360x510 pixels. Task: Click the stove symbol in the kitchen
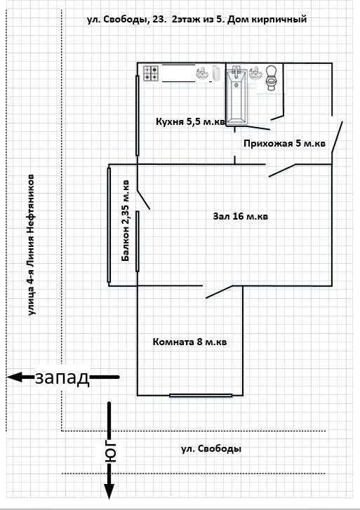[x=151, y=73]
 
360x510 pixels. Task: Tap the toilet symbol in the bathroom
[x=271, y=78]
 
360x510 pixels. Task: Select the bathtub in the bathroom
[x=236, y=95]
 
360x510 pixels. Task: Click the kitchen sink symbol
[x=203, y=74]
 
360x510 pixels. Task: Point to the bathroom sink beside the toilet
[x=256, y=73]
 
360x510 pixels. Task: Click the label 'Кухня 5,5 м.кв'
[x=190, y=121]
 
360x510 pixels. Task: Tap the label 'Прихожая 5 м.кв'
[x=284, y=143]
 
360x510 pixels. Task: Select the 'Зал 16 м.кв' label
[x=241, y=216]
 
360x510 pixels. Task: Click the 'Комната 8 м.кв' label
[x=189, y=342]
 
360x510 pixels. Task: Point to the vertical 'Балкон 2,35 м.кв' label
[x=126, y=221]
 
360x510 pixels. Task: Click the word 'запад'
[x=62, y=377]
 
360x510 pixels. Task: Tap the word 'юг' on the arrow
[x=111, y=452]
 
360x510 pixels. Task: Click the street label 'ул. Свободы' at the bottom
[x=211, y=449]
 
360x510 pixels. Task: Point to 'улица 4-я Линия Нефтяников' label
[x=32, y=245]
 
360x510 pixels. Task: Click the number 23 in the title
[x=160, y=20]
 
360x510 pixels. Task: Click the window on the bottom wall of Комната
[x=201, y=396]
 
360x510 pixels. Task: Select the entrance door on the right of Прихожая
[x=337, y=137]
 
